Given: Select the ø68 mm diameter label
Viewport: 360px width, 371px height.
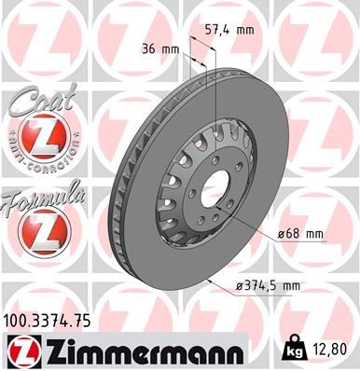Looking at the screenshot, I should [x=299, y=233].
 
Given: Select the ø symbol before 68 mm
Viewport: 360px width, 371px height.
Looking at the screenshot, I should [x=281, y=233].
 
